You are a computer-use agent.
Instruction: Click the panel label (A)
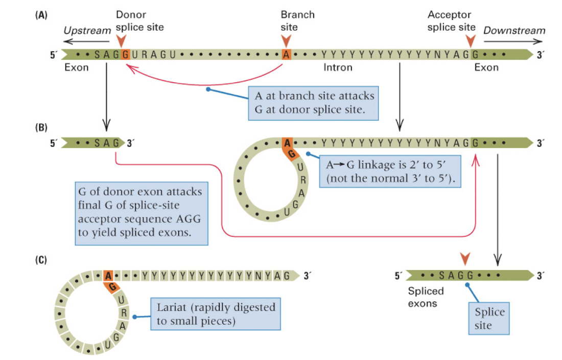point(41,15)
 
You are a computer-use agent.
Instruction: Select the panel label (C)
point(41,259)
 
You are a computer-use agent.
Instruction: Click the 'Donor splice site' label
point(139,20)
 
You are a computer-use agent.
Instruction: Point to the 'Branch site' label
point(297,20)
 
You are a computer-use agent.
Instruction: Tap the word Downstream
point(514,31)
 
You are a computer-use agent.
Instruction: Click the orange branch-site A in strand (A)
point(286,54)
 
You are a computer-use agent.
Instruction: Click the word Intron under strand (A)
point(338,67)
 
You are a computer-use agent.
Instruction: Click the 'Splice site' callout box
point(489,319)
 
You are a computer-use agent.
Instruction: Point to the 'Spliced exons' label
point(426,297)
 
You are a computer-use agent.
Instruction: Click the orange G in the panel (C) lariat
point(110,286)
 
